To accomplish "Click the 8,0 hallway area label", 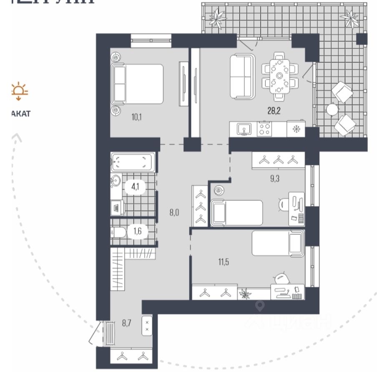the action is tap(174, 212).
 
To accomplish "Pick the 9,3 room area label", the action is tap(274, 179).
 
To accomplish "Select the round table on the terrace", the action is tap(333, 109).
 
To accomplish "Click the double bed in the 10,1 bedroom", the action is tap(138, 84).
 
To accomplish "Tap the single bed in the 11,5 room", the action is tap(278, 243).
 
